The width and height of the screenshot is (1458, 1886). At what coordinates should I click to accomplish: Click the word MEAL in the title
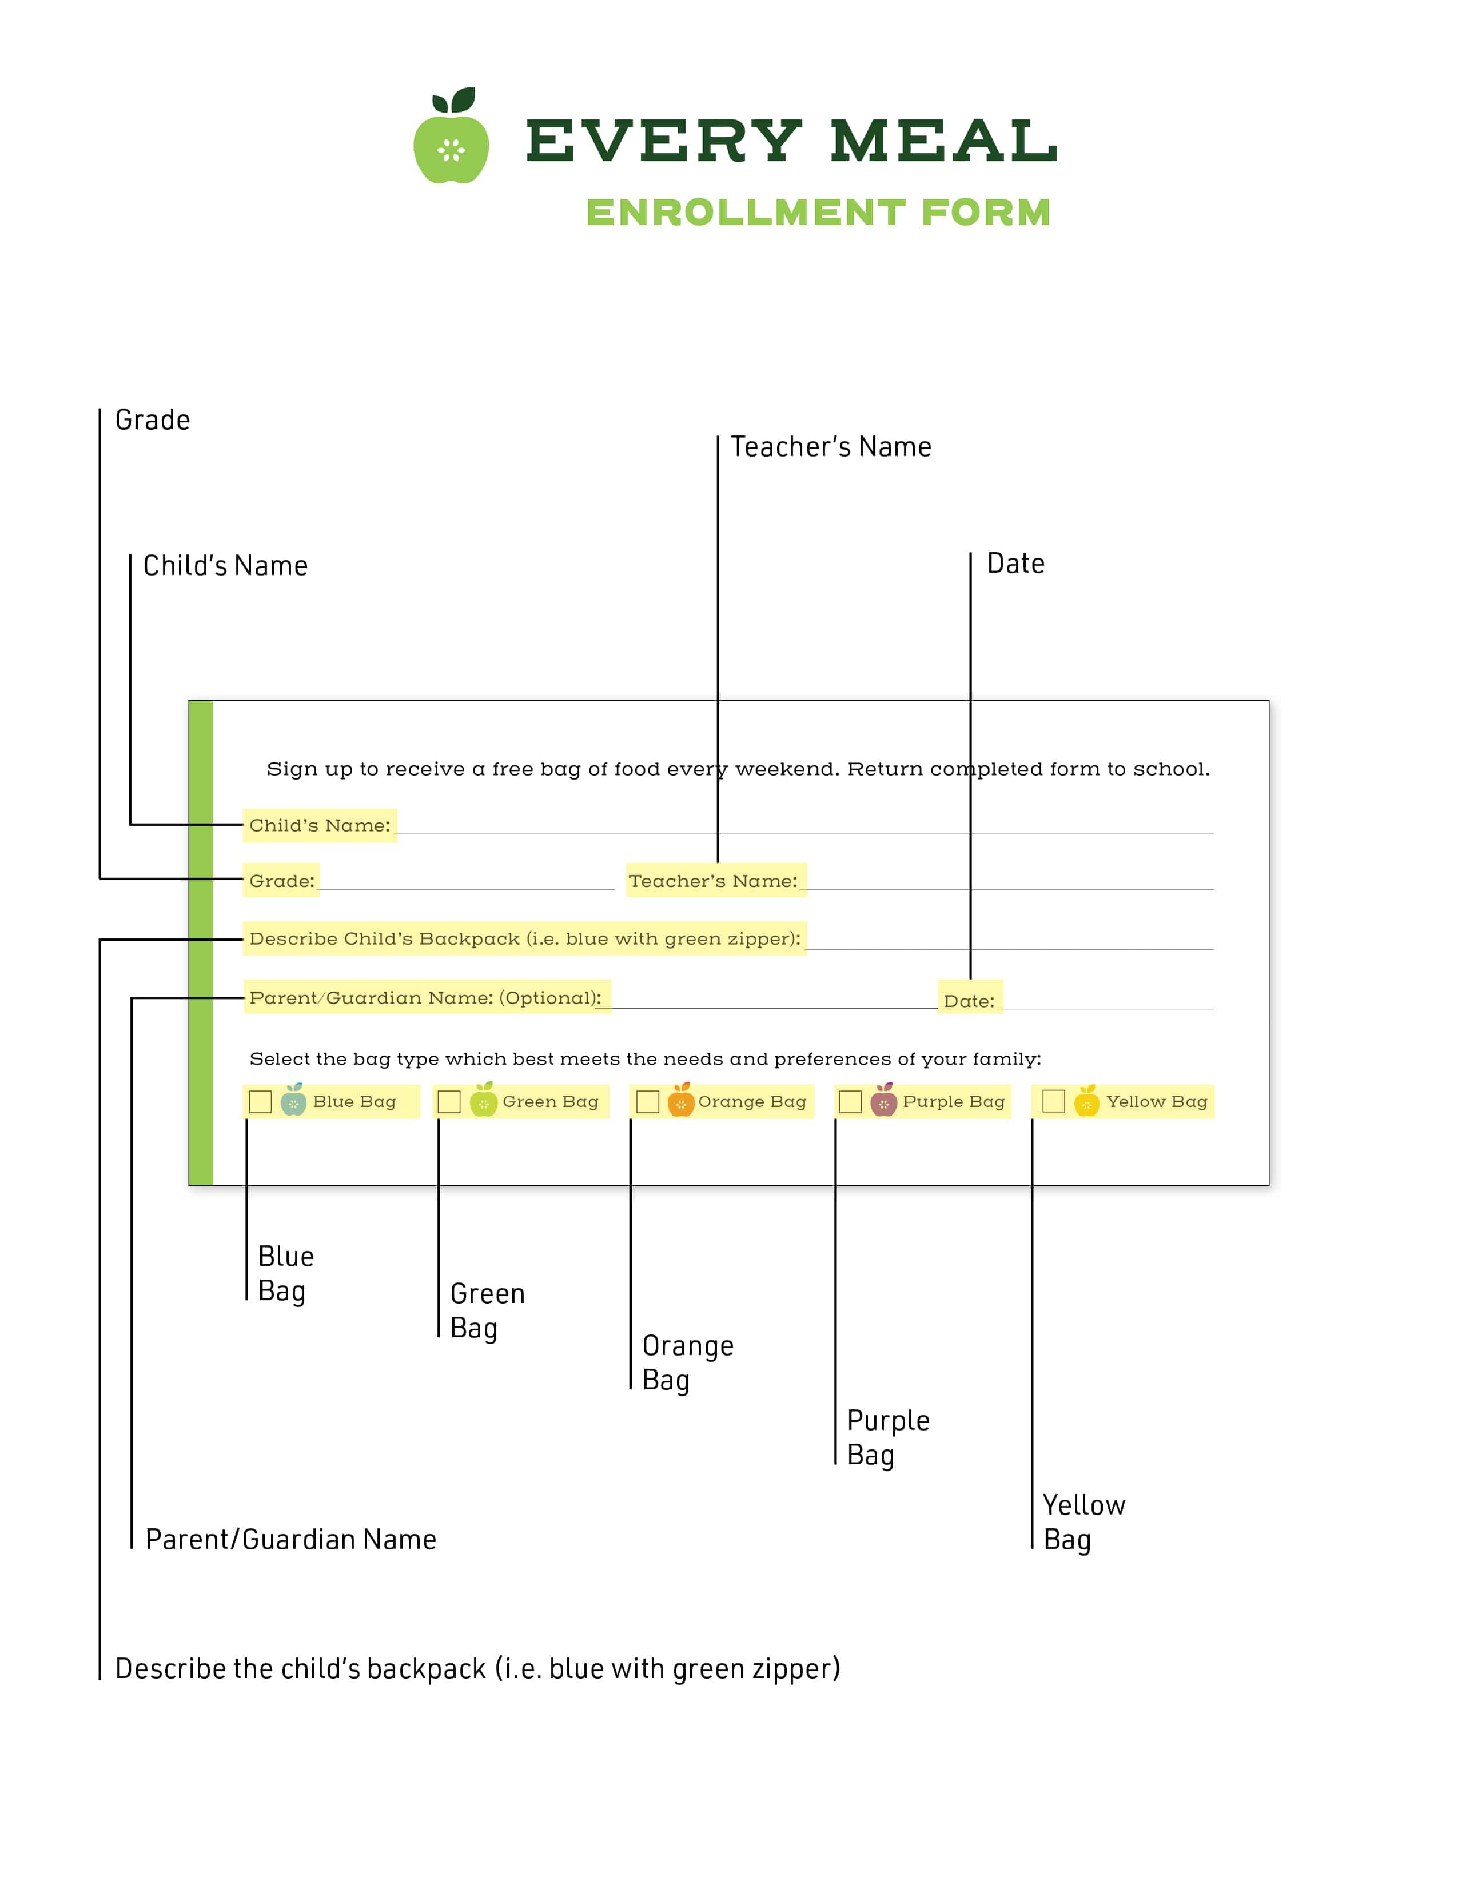click(943, 141)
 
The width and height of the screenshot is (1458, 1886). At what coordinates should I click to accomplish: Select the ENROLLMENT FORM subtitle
click(818, 213)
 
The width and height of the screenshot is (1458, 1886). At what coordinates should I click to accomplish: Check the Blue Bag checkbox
click(260, 1102)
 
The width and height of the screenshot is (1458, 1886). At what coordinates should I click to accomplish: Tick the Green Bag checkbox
click(449, 1102)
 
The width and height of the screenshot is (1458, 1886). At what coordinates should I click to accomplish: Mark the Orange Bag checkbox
click(648, 1102)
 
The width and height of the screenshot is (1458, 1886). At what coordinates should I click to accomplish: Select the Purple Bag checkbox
click(851, 1102)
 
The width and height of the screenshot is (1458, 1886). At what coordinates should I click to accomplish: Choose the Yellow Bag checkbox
click(1054, 1101)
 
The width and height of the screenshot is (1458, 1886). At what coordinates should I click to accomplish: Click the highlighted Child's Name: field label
click(320, 826)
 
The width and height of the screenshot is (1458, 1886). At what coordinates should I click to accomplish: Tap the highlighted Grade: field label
click(281, 881)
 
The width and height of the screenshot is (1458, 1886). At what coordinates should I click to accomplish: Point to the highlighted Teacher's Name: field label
click(716, 881)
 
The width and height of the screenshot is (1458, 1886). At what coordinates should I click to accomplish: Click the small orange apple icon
click(680, 1100)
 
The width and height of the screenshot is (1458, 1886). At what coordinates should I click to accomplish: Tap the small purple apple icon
click(883, 1100)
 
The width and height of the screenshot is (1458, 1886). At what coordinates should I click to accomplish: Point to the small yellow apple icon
click(1086, 1100)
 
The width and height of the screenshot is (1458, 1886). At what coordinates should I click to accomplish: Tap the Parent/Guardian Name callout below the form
click(291, 1540)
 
